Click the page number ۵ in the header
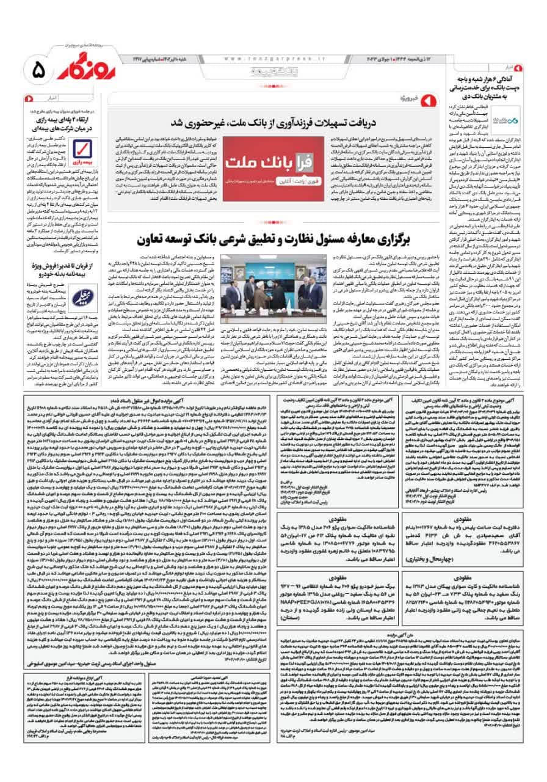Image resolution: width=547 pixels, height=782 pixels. (37, 72)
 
